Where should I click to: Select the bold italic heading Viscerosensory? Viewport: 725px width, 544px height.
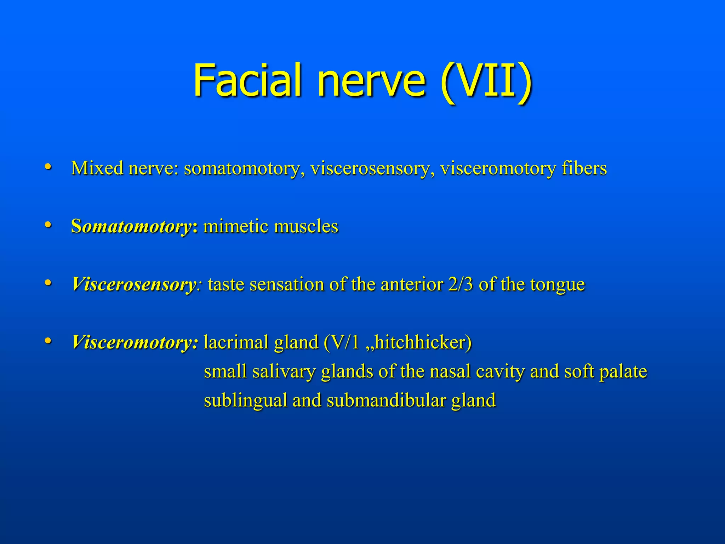pos(134,284)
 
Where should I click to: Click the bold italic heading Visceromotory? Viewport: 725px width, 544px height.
pos(135,342)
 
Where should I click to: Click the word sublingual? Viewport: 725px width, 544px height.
pos(245,401)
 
